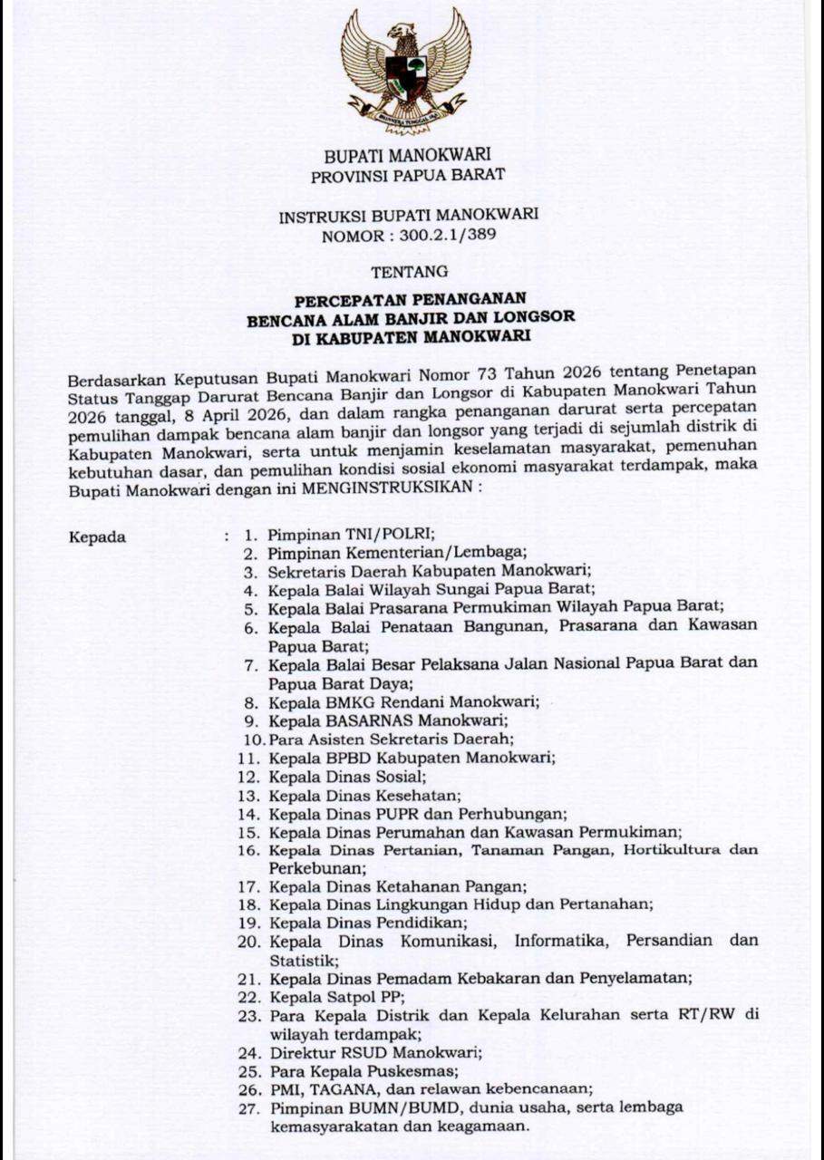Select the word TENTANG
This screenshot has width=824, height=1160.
click(410, 271)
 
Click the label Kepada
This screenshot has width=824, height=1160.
click(97, 536)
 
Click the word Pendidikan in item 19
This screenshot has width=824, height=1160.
click(421, 923)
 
